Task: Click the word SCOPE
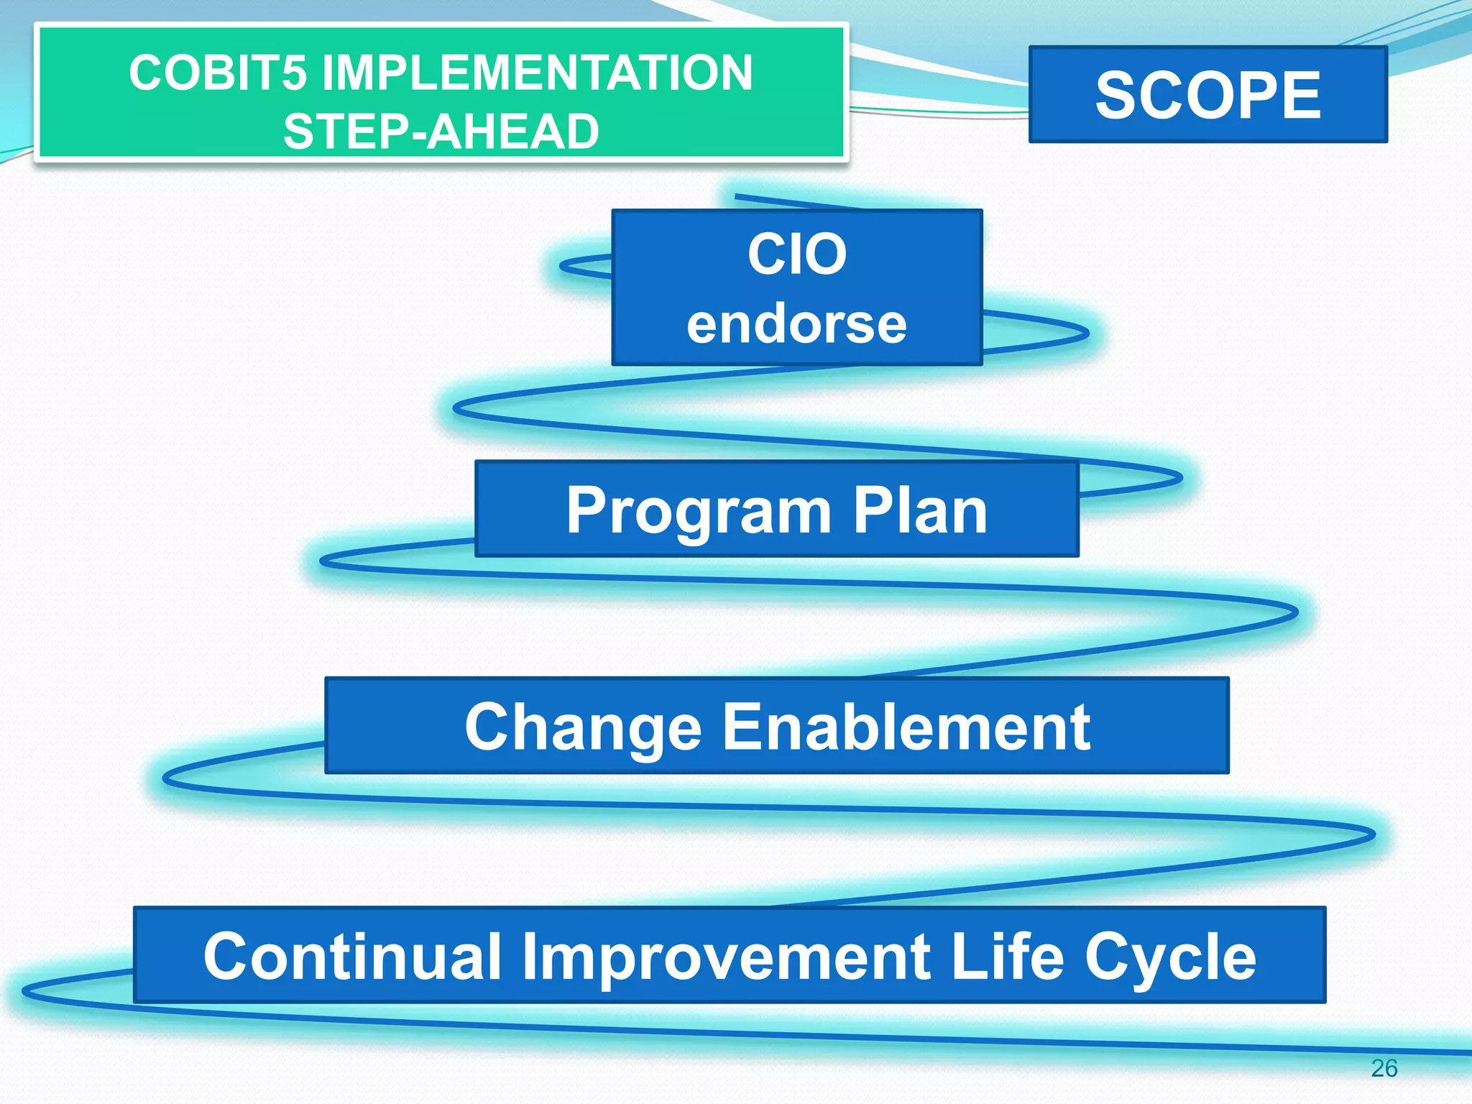click(x=1207, y=95)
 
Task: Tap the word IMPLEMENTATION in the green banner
click(x=537, y=73)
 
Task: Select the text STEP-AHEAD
click(x=441, y=132)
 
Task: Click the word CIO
click(x=796, y=254)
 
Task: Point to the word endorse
click(x=796, y=324)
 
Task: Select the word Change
click(x=582, y=727)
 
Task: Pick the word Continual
click(x=352, y=956)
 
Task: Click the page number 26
click(x=1384, y=1068)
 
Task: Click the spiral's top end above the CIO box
click(x=740, y=196)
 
